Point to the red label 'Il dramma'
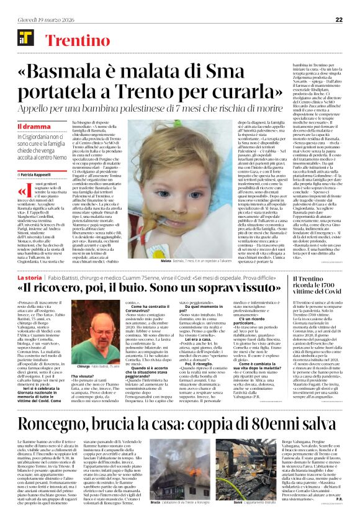pos(29,127)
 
